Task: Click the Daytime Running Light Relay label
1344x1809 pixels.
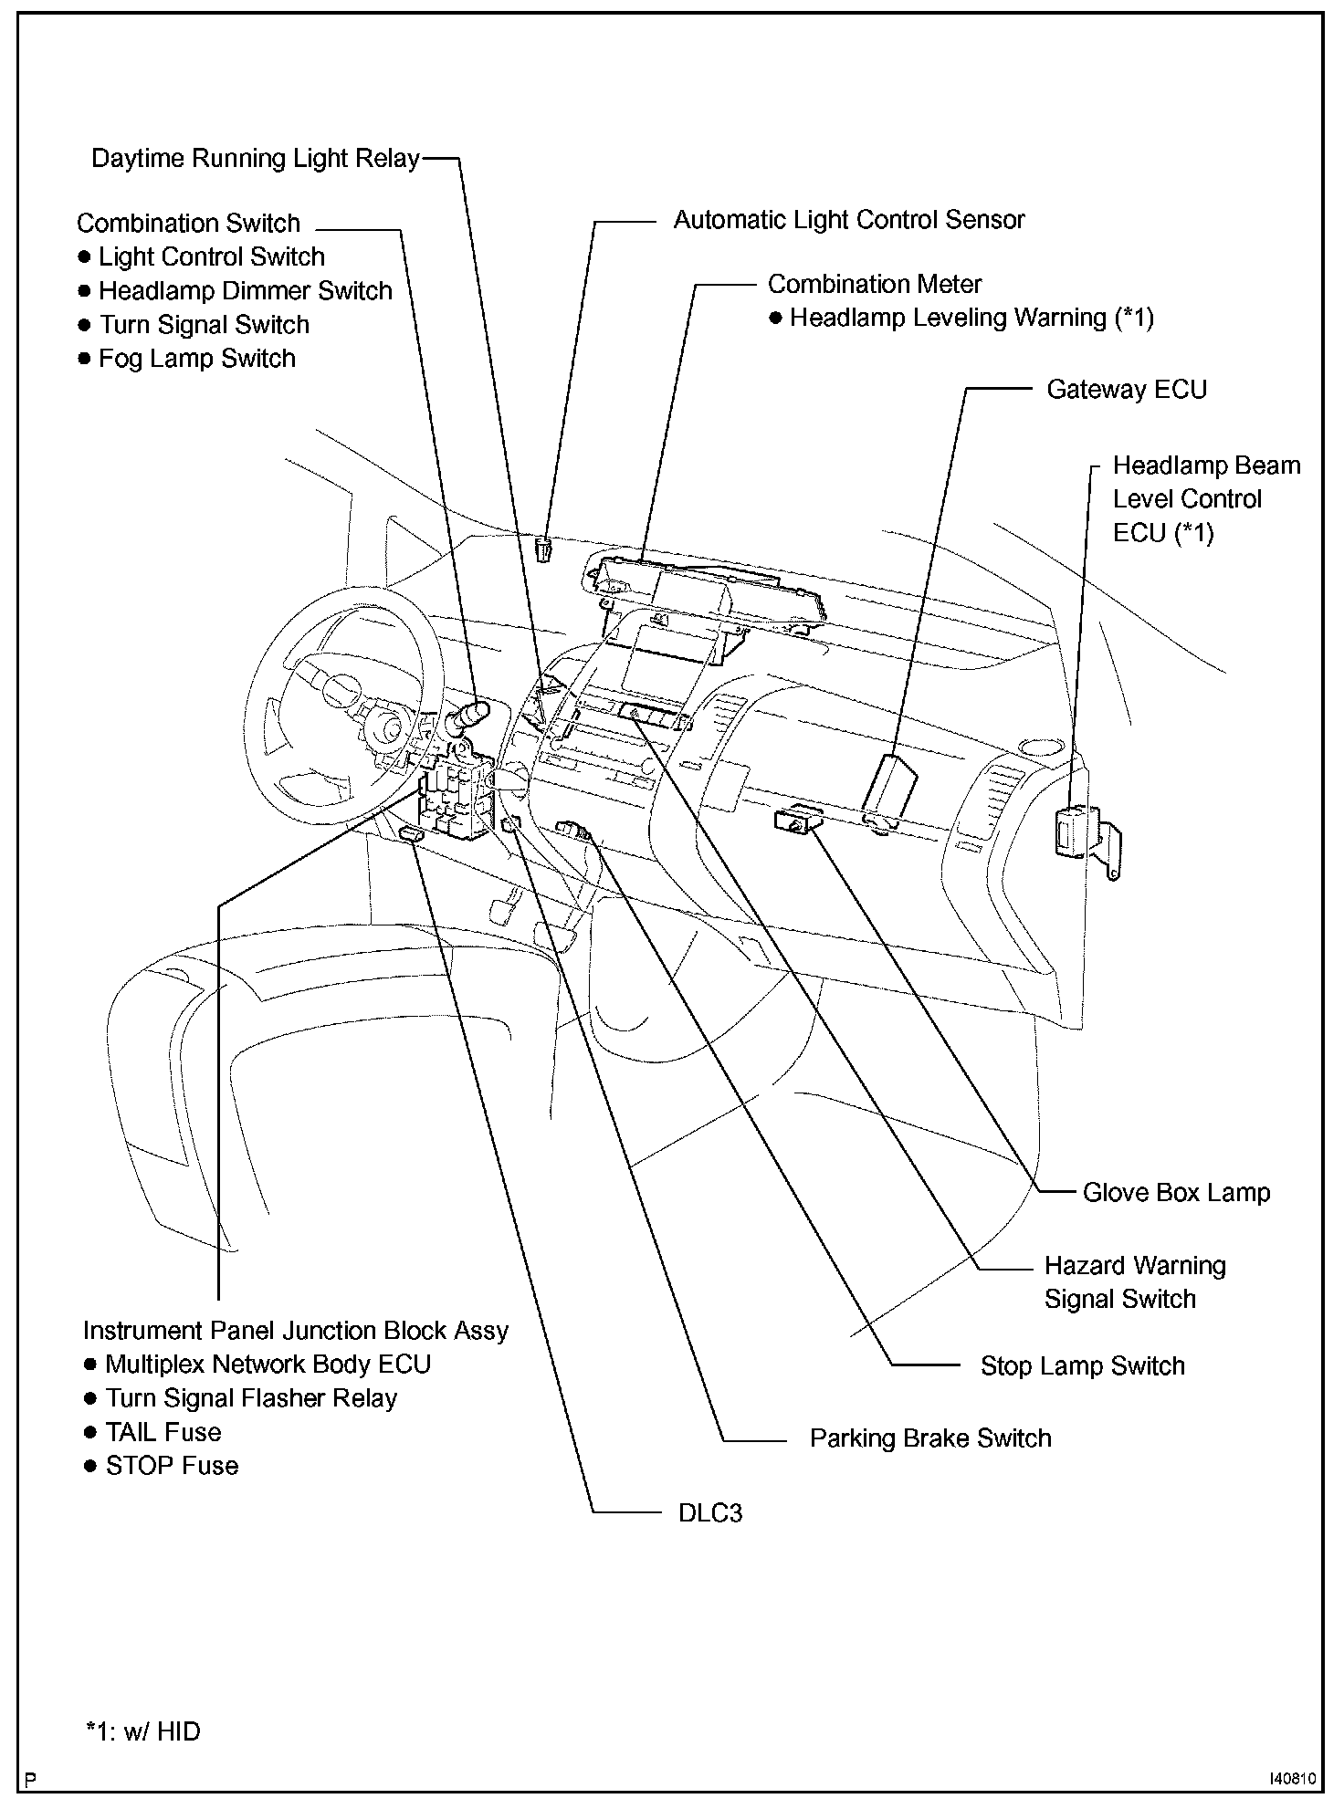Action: pos(255,159)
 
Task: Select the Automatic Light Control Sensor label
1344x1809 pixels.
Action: pos(848,220)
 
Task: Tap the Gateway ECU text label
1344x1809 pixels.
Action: pos(1126,390)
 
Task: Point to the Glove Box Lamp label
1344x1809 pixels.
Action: pos(1176,1192)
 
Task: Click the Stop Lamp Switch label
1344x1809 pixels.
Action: pos(1082,1365)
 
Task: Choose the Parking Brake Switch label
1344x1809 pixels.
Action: pos(929,1438)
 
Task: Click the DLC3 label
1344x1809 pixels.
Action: pos(709,1513)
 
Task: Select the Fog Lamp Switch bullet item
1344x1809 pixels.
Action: pos(196,359)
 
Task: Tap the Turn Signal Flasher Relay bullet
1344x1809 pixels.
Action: pos(250,1398)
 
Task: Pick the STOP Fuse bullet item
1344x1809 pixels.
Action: pos(172,1466)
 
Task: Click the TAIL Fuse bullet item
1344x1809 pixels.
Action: pos(163,1432)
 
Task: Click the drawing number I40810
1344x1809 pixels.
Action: pos(1291,1779)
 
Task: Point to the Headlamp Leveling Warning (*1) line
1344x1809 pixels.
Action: pos(971,318)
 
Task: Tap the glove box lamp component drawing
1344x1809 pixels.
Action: pos(795,820)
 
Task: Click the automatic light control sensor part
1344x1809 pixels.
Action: pos(545,549)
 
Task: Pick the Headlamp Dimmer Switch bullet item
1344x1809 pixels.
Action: pos(245,291)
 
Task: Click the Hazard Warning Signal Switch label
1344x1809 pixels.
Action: pos(1134,1282)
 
